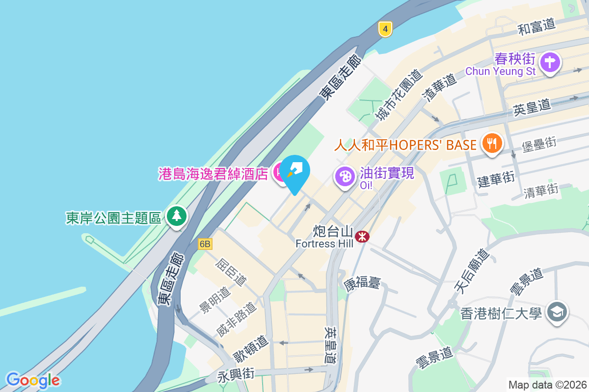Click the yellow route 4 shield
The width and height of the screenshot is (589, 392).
tap(385, 29)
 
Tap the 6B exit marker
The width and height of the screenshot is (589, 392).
tap(205, 244)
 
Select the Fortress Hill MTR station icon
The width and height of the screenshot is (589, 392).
tap(363, 237)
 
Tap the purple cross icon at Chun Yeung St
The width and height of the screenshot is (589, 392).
tap(550, 63)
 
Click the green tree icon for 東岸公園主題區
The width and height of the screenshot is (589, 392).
tap(176, 216)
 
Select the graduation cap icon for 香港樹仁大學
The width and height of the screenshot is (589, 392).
tap(558, 312)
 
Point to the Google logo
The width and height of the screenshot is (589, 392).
tap(33, 380)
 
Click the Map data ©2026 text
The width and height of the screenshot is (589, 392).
tap(547, 385)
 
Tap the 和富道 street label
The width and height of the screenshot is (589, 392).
tap(536, 26)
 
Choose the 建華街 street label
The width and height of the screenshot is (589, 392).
tap(496, 178)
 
